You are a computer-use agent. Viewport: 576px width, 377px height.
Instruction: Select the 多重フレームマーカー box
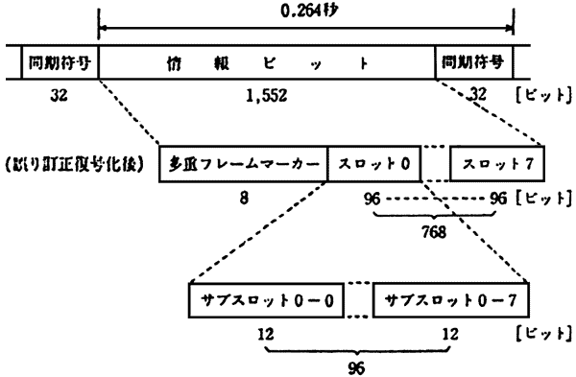click(x=244, y=164)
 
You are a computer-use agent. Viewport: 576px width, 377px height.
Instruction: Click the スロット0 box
click(x=374, y=164)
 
